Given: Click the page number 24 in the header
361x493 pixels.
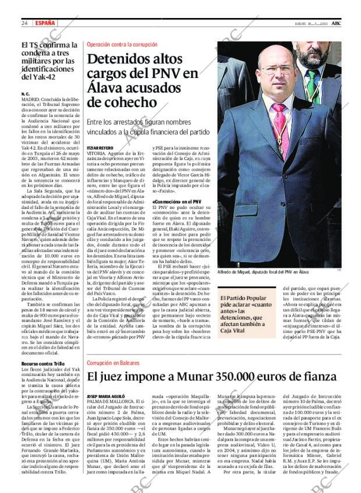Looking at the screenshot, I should click(24, 23).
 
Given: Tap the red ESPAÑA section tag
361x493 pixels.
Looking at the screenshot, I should click(45, 23).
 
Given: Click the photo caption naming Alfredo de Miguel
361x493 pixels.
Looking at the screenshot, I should click(263, 272).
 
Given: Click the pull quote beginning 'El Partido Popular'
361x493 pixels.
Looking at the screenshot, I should click(246, 314).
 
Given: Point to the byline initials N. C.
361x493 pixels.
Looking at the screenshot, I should click(25, 94).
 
